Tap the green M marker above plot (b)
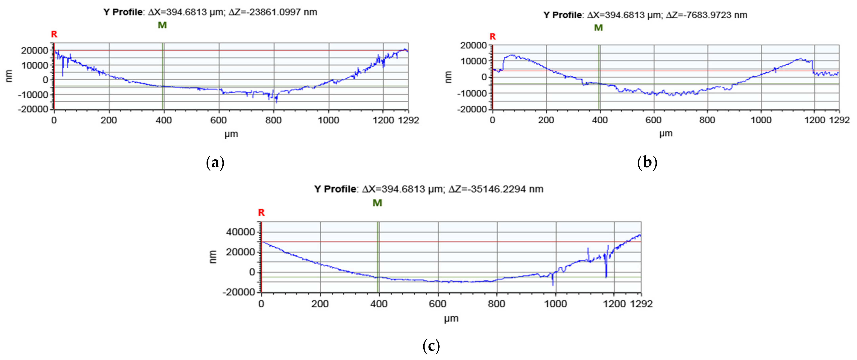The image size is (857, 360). [x=598, y=28]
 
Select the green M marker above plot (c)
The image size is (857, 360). [x=377, y=203]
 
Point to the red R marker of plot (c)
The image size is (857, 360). [x=261, y=213]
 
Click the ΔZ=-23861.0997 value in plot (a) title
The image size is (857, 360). [x=273, y=12]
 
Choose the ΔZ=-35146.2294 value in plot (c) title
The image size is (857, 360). [x=496, y=189]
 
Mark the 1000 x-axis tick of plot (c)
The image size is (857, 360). [x=555, y=304]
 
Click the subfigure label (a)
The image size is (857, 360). [x=215, y=163]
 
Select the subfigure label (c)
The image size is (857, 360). [x=431, y=346]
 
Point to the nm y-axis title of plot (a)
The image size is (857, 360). [x=9, y=76]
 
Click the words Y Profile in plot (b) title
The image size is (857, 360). [x=562, y=15]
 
